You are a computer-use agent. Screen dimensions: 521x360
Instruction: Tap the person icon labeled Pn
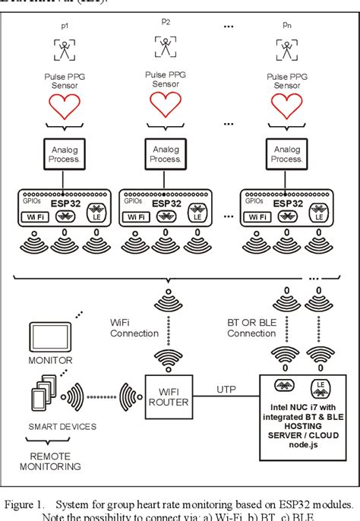point(286,50)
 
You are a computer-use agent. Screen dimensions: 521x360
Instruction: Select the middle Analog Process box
point(166,155)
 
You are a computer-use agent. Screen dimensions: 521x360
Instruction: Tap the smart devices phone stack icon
point(40,395)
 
